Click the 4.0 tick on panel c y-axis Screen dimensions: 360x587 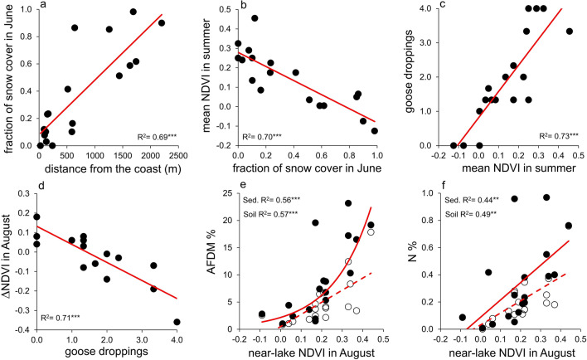pos(422,9)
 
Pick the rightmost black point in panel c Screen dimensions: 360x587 pos(569,32)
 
